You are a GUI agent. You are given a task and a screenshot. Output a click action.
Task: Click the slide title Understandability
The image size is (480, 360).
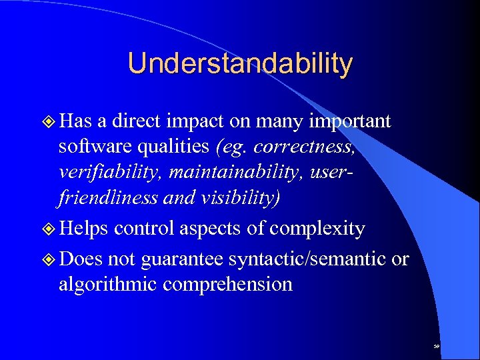tap(240, 63)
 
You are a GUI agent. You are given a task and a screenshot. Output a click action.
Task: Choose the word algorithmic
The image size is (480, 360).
tap(108, 284)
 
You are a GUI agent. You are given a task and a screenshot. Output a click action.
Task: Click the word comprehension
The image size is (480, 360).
tap(227, 285)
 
